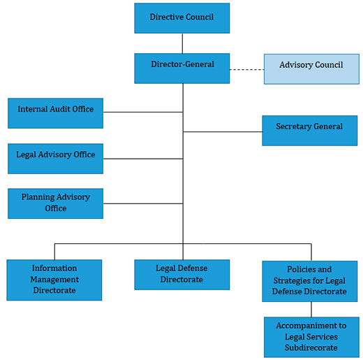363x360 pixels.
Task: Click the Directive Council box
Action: (182, 18)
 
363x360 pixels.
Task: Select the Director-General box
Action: (182, 69)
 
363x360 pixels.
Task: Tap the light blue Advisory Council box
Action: (311, 69)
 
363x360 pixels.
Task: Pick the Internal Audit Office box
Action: (55, 113)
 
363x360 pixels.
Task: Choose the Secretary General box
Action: (310, 131)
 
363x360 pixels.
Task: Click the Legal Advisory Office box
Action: (55, 159)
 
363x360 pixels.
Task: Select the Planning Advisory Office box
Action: (55, 203)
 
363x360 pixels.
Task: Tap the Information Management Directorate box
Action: (54, 280)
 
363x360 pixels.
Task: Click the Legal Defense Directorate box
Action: (182, 275)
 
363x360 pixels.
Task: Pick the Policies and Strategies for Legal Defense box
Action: (310, 281)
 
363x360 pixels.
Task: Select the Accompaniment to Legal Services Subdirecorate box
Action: (311, 337)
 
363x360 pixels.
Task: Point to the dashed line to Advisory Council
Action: (247, 69)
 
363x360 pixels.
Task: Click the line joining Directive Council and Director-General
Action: (182, 43)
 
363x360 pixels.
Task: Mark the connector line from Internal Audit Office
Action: (143, 112)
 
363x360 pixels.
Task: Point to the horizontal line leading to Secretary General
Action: (223, 132)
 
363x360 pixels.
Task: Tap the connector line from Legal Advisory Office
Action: (143, 159)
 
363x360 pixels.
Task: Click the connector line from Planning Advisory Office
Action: (143, 203)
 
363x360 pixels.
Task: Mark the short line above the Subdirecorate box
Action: (311, 310)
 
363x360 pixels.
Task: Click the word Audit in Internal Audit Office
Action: (60, 109)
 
